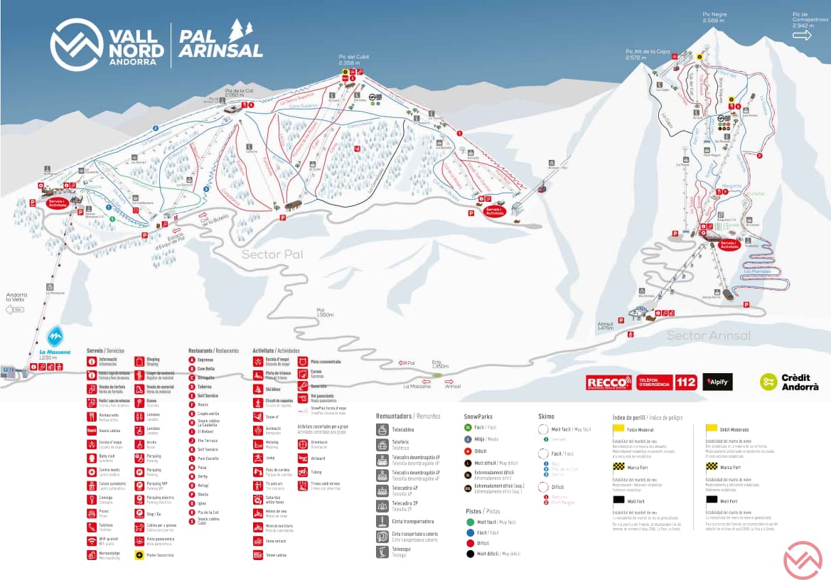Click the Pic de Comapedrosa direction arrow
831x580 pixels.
pyautogui.click(x=804, y=34)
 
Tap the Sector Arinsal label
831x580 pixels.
pyautogui.click(x=709, y=335)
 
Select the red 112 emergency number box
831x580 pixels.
pyautogui.click(x=686, y=382)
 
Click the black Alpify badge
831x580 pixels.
pyautogui.click(x=717, y=382)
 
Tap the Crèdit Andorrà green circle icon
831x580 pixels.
pyautogui.click(x=768, y=382)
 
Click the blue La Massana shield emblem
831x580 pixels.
pyautogui.click(x=55, y=336)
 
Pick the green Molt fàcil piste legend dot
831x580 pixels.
pyautogui.click(x=471, y=522)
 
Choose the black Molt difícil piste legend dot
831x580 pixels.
pyautogui.click(x=471, y=553)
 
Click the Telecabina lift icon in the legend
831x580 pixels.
pyautogui.click(x=382, y=429)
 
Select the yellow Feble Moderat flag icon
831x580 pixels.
pyautogui.click(x=618, y=429)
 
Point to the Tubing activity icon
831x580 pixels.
pyautogui.click(x=303, y=471)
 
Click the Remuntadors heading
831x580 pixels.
pyautogui.click(x=394, y=416)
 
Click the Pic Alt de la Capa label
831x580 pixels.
pyautogui.click(x=647, y=53)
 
